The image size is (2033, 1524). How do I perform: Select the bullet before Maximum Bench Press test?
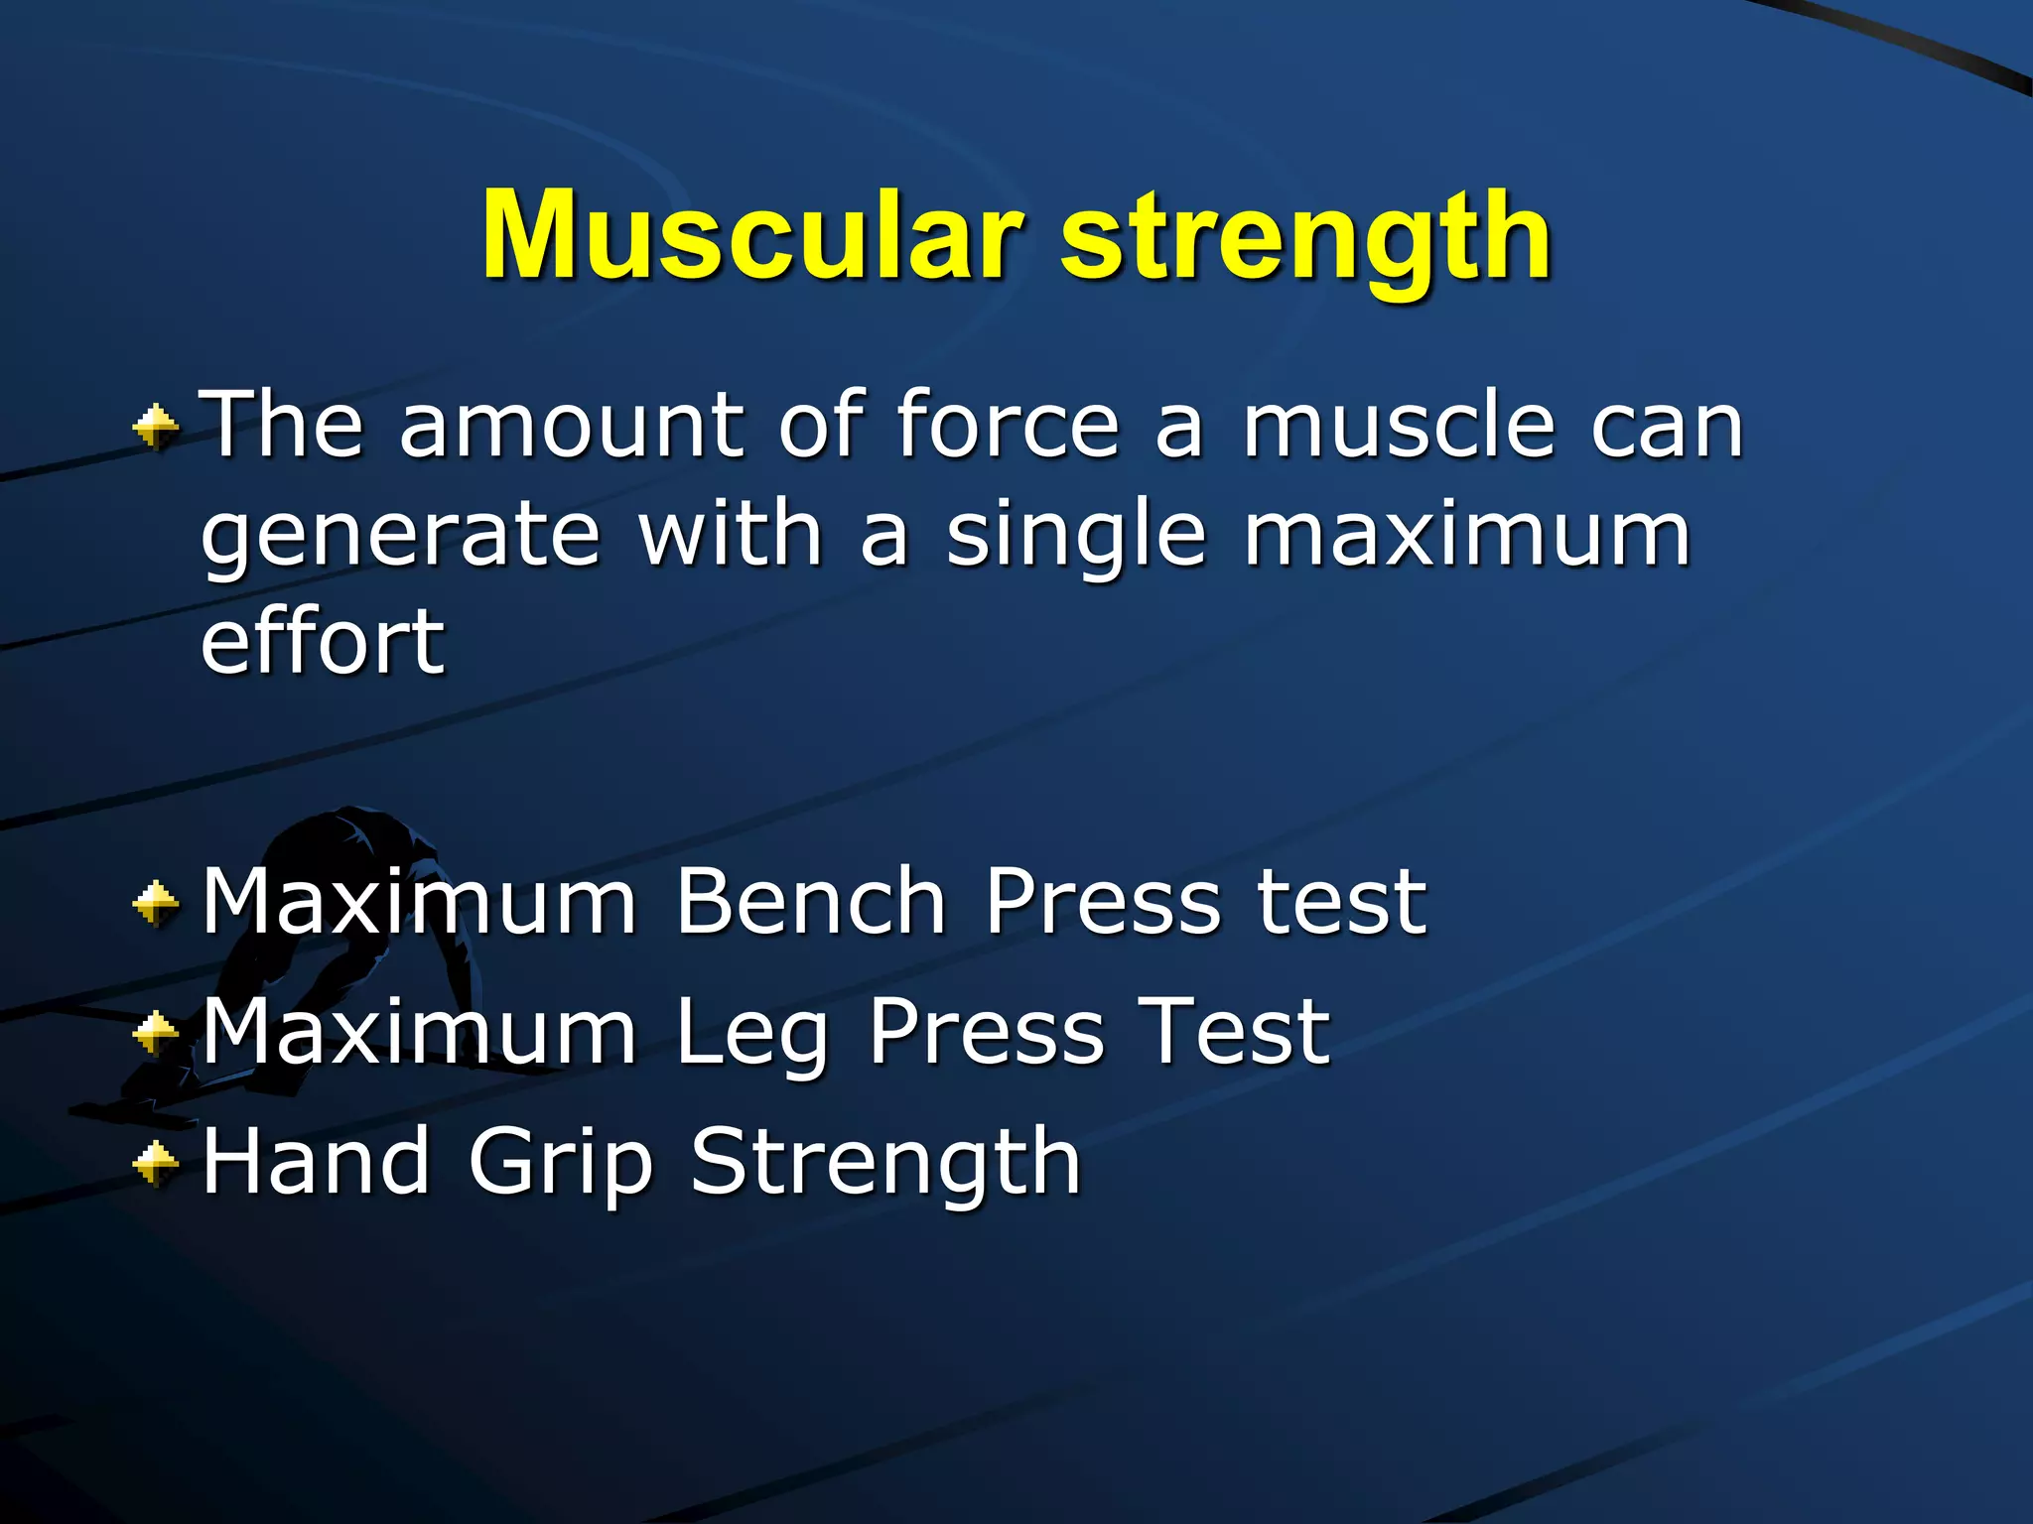point(156,903)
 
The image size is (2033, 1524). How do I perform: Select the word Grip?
point(560,1163)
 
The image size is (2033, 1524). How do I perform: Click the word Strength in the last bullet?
point(884,1163)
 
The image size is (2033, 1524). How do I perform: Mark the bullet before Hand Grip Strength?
point(156,1163)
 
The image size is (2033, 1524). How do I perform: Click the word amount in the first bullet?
point(570,427)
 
